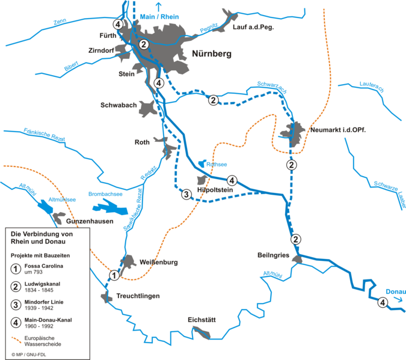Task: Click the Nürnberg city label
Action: coord(211,54)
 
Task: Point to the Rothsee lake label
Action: coord(217,163)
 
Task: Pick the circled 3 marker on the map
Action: coord(186,194)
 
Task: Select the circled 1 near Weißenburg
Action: coord(114,275)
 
